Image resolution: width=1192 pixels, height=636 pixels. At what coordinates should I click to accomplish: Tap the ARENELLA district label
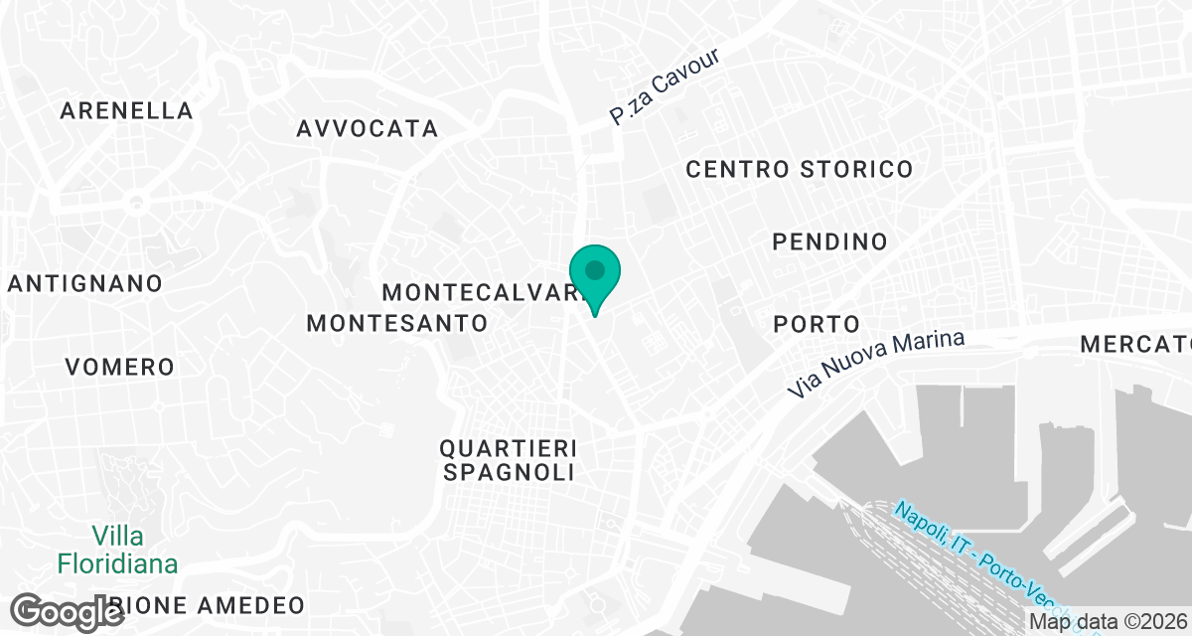[x=126, y=110]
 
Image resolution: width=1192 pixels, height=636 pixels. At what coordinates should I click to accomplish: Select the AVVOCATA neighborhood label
[x=368, y=128]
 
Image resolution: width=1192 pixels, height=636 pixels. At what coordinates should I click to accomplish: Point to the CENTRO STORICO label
[x=800, y=169]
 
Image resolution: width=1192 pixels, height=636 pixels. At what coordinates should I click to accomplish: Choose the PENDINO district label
[x=829, y=241]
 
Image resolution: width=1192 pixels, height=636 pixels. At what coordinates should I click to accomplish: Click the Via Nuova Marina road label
[x=875, y=365]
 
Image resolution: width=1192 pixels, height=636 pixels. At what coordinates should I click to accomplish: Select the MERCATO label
[x=1135, y=345]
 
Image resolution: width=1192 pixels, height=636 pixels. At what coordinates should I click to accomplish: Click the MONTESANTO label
[x=397, y=323]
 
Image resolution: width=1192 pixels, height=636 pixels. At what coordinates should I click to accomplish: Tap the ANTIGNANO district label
[x=85, y=283]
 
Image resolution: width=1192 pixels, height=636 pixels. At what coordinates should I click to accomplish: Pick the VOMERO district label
[x=119, y=367]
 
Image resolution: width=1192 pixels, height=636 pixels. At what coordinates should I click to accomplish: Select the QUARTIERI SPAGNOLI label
[x=509, y=459]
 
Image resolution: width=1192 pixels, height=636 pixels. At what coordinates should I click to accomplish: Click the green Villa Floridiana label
[x=117, y=551]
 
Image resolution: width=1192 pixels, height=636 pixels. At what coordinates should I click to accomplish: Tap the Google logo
[x=68, y=610]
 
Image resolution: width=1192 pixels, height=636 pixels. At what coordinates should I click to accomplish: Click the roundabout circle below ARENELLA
[x=137, y=203]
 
